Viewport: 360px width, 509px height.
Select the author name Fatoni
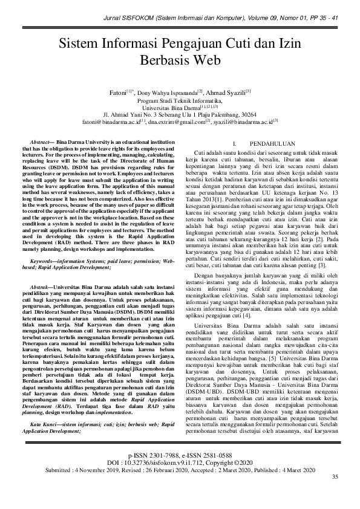[119, 93]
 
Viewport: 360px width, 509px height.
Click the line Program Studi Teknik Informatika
[180, 100]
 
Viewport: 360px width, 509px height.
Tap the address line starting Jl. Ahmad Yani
[180, 113]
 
